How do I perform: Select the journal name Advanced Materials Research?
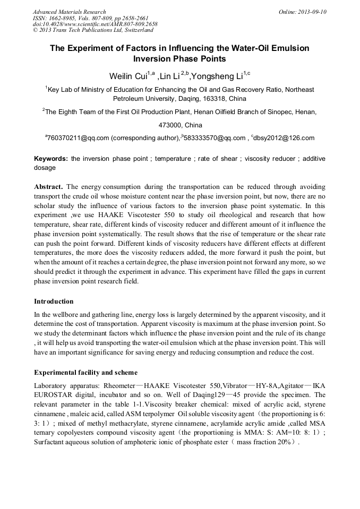pos(70,12)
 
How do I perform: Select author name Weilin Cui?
pos(128,76)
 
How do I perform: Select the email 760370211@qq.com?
pos(78,138)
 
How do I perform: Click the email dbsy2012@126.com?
pos(285,138)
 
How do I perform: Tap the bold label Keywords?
pos(51,159)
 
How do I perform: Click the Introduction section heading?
pos(54,301)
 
